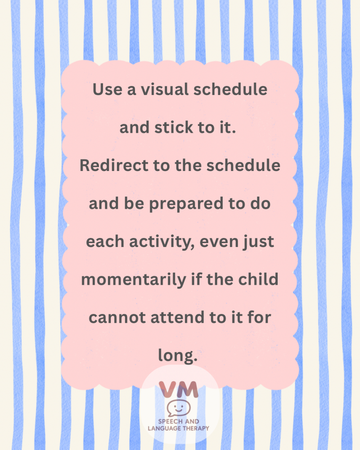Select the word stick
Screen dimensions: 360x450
tap(174, 127)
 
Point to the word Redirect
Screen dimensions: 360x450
tap(114, 165)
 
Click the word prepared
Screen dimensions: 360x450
tap(186, 204)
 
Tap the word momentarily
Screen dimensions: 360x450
tap(134, 280)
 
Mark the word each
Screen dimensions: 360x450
tap(105, 241)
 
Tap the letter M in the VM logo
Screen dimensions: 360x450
tap(188, 389)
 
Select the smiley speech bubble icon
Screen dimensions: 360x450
tap(179, 408)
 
